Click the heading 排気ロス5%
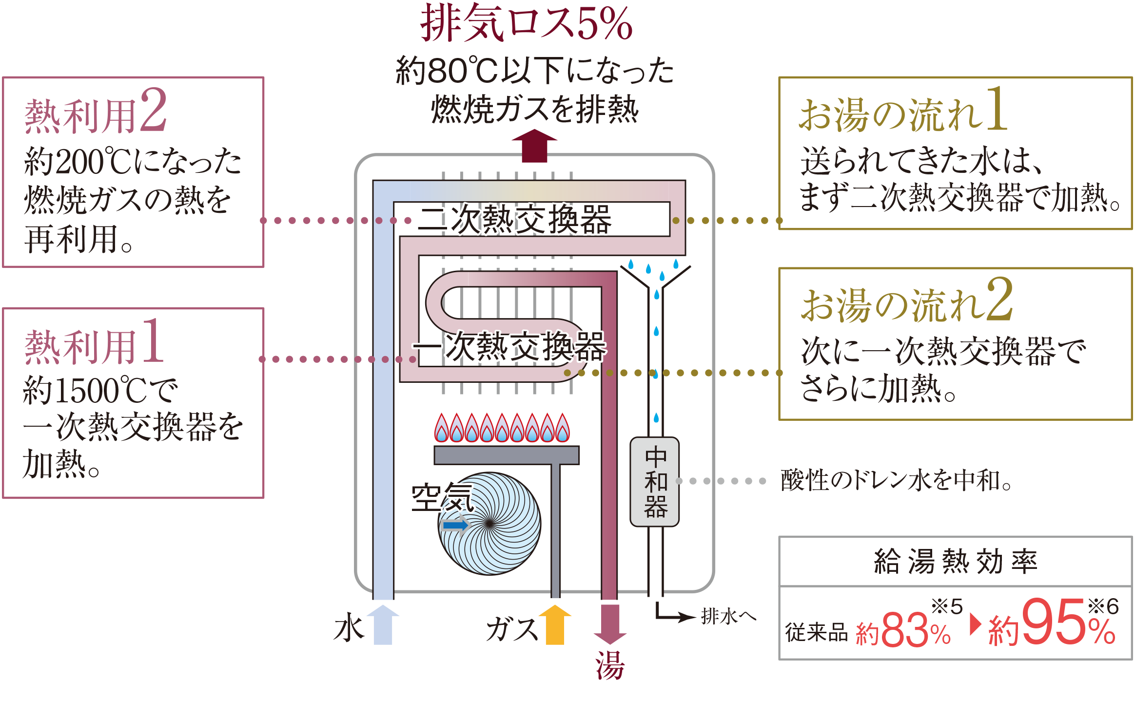click(526, 23)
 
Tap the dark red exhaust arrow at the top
click(534, 145)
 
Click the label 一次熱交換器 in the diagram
click(509, 347)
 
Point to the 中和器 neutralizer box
click(654, 481)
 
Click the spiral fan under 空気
click(490, 524)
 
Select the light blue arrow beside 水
click(383, 624)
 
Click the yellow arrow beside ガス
click(555, 624)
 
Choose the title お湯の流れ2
click(907, 301)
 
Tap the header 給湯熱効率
click(955, 562)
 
